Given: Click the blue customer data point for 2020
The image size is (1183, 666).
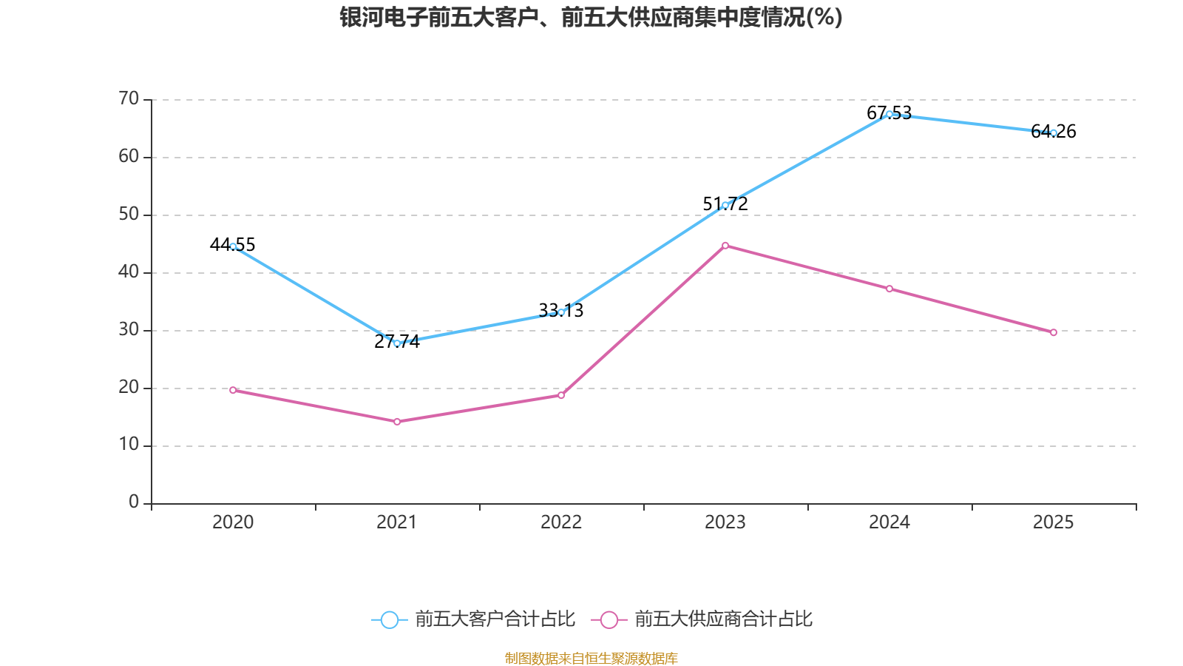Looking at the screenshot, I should pos(233,246).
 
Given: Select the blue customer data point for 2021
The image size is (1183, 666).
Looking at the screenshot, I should pos(397,343).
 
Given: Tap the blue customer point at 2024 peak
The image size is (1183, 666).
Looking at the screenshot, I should pos(889,114).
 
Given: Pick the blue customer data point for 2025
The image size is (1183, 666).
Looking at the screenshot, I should pos(1054,133).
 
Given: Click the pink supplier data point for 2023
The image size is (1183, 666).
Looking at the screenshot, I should pos(725,246).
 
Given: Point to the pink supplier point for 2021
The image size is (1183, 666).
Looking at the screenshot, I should pos(397,422).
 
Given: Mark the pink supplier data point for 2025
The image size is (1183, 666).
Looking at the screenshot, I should pos(1054,333).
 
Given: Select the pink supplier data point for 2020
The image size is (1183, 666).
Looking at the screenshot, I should pos(233,390).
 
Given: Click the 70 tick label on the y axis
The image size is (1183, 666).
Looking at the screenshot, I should pos(129,98).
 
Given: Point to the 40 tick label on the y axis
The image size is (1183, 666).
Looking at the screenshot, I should pos(129,272).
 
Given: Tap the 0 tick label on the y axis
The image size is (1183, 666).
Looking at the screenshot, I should pos(134,502).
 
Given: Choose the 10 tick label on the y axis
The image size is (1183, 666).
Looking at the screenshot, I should pos(129,445).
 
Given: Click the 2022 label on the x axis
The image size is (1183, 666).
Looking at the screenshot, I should pos(561,522).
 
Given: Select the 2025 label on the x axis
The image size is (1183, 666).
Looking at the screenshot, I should pos(1053,522).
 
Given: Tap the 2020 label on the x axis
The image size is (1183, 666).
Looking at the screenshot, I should pos(233,522).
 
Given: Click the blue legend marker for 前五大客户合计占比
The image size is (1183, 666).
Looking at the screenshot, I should pos(389,619).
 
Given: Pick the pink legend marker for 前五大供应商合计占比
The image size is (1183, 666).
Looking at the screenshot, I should pos(609,619).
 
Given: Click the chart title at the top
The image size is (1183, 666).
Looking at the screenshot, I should pos(591,17).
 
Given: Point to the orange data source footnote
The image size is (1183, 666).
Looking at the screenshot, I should pos(591,658).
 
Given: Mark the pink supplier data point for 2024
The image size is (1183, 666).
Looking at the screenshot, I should pos(889,289).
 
